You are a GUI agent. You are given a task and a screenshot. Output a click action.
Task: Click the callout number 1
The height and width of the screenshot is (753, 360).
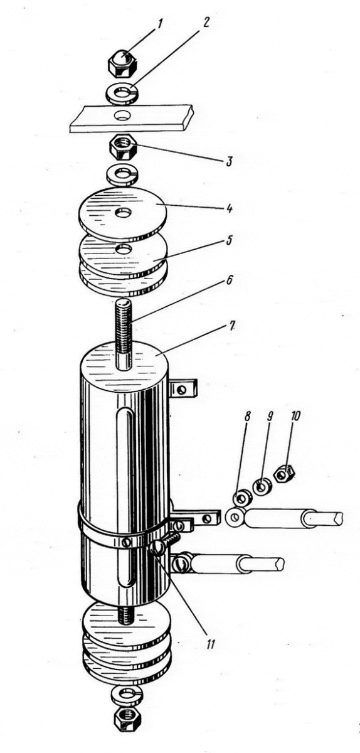tap(160, 24)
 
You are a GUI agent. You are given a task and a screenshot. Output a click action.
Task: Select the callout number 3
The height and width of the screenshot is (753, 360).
tap(229, 161)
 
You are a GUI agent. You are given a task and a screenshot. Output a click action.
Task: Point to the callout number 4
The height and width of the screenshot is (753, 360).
tap(229, 208)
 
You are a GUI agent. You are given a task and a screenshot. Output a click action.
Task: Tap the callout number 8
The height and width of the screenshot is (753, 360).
tap(247, 417)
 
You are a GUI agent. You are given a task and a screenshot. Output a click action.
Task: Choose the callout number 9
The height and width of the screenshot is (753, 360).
tap(269, 416)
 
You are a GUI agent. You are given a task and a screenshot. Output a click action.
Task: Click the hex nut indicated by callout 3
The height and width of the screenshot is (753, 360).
tap(122, 147)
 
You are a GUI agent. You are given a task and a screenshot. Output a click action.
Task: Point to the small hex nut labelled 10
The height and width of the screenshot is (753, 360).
tap(285, 474)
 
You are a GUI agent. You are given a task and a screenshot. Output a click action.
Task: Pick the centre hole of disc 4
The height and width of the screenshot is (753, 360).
tap(124, 213)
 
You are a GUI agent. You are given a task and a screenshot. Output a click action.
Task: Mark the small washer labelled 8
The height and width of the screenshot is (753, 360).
tap(242, 498)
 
